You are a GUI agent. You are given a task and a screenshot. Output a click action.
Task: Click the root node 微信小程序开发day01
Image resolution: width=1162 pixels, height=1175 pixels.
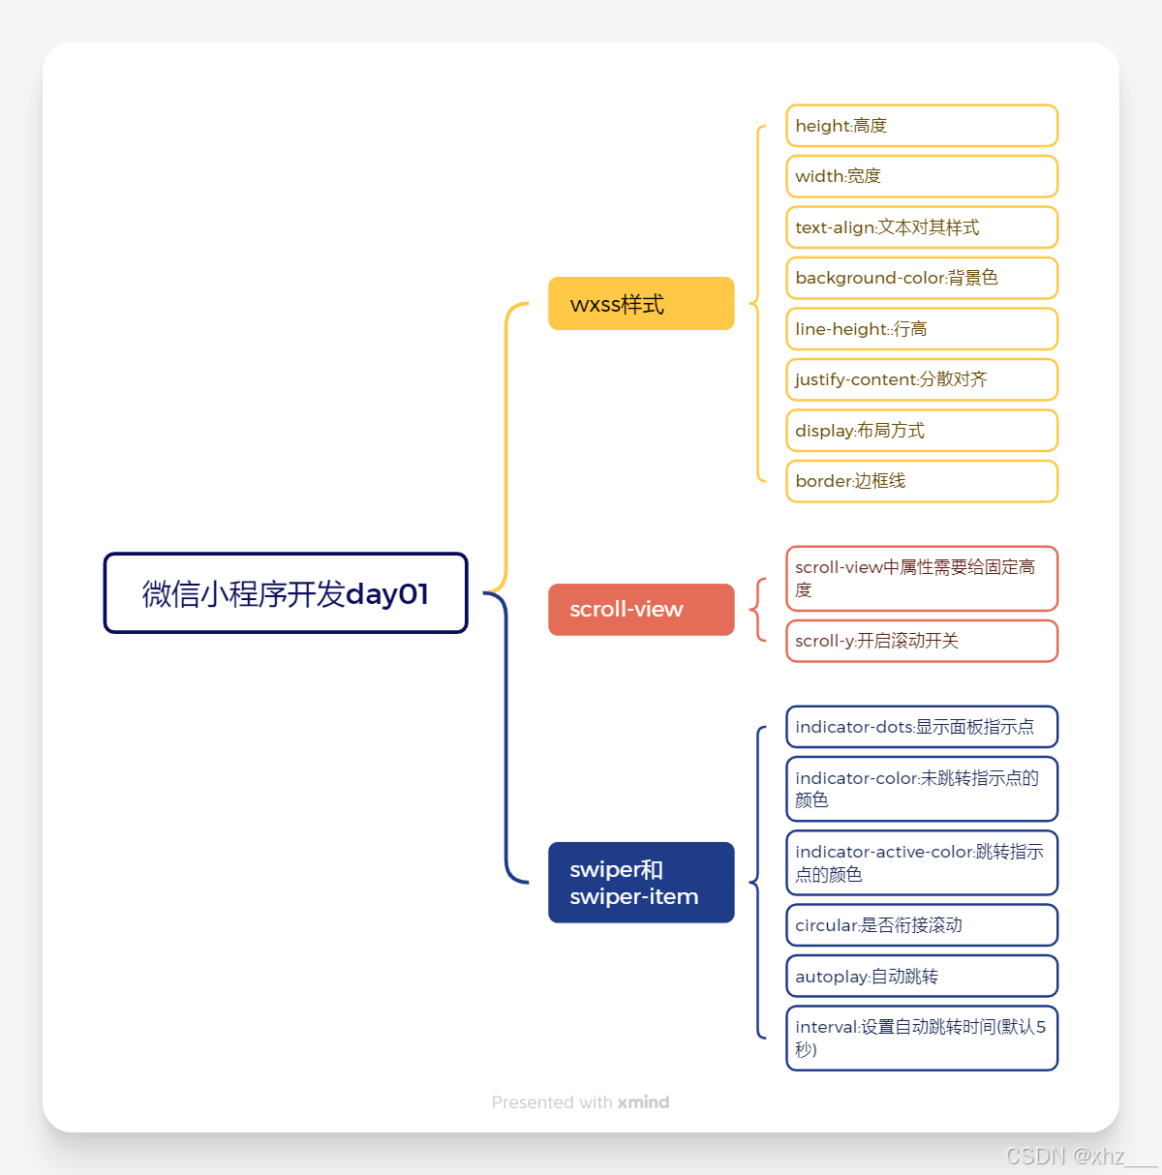[286, 593]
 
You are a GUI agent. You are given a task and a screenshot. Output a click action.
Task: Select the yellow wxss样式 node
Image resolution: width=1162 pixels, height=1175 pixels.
[641, 304]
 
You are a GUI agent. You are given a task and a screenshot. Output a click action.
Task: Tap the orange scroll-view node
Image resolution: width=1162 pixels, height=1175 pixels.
[641, 610]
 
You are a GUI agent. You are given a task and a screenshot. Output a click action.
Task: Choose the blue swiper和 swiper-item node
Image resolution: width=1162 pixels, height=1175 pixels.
[641, 883]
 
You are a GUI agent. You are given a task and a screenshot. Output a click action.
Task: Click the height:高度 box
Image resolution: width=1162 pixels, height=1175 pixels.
[921, 126]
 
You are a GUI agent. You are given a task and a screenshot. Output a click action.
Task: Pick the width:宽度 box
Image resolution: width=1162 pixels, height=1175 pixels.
[921, 176]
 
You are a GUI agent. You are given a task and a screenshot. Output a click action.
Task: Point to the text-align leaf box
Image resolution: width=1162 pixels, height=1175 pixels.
[921, 227]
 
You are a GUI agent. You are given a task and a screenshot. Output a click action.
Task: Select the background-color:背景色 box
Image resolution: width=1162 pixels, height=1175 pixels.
[921, 278]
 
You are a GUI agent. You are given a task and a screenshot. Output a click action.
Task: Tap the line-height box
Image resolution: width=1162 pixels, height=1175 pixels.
[921, 329]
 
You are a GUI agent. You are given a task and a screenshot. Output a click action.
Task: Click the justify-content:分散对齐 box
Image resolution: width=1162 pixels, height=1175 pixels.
[921, 379]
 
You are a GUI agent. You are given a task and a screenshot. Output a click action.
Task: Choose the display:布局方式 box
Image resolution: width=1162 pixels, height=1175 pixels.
[921, 431]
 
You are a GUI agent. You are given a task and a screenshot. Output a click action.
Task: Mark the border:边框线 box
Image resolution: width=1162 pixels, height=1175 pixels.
[921, 481]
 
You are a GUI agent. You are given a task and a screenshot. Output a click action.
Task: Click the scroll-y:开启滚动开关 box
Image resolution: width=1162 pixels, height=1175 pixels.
[921, 641]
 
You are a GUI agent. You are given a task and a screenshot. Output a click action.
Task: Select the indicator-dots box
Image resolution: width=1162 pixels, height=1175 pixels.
[921, 727]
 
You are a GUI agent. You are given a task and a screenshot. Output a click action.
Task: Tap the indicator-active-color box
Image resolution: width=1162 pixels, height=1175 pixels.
[921, 862]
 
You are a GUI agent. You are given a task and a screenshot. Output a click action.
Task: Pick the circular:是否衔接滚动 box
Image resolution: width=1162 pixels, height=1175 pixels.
[921, 925]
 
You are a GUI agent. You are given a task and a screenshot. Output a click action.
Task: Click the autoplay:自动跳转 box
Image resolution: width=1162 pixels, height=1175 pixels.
[921, 977]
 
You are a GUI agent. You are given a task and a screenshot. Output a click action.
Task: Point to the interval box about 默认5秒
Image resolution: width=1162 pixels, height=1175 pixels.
[921, 1039]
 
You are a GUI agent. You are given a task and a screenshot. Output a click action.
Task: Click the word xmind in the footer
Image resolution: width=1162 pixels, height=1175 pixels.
[643, 1102]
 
